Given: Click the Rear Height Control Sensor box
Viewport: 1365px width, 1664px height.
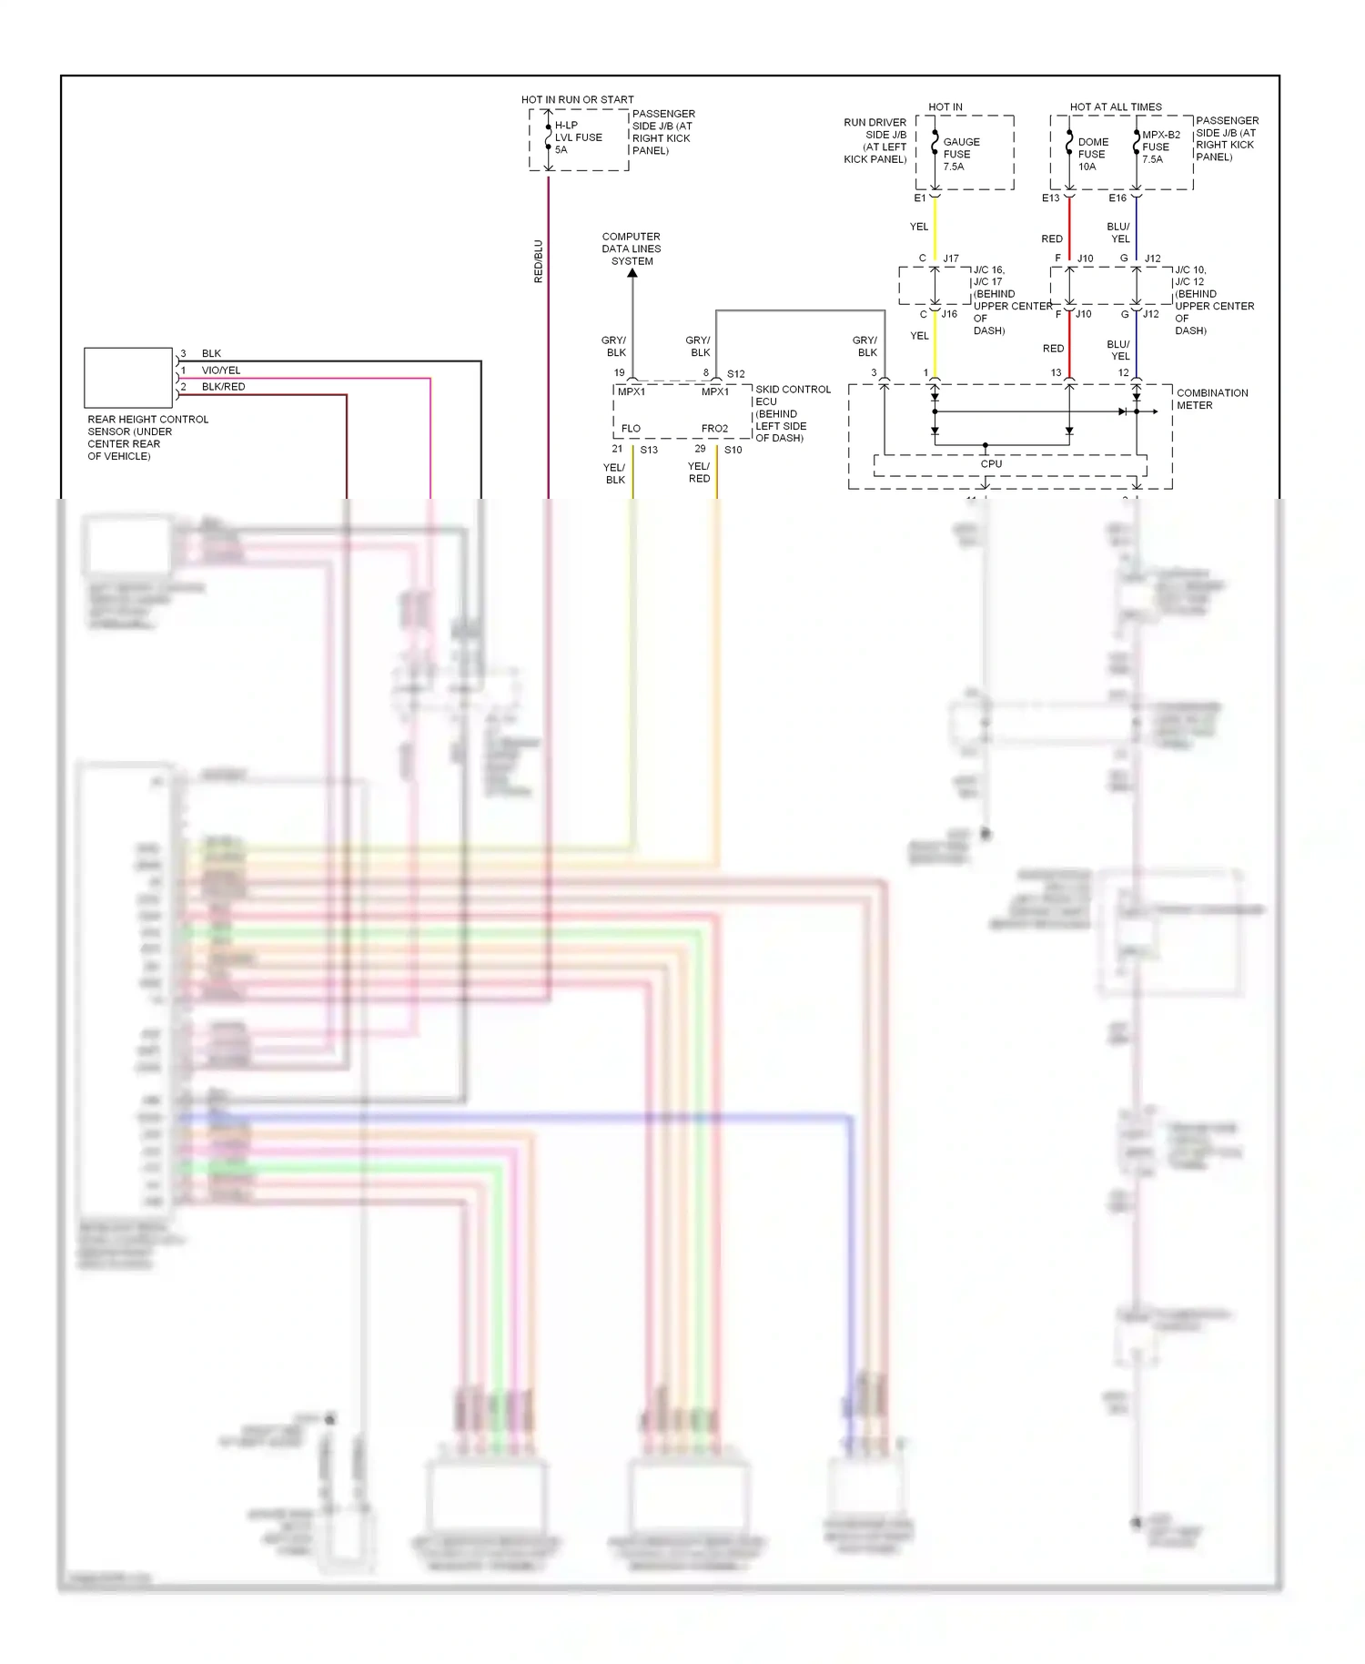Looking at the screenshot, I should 128,377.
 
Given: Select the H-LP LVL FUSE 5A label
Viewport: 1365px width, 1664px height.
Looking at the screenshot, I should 578,137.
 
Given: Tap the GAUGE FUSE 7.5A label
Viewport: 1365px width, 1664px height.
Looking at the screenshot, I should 961,154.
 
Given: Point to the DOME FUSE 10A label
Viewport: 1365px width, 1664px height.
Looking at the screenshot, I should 1092,154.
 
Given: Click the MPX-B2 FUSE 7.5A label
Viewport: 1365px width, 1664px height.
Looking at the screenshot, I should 1159,147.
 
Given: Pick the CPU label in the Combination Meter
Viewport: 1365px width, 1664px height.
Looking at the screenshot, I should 991,464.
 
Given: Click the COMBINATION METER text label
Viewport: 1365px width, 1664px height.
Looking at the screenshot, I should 1211,399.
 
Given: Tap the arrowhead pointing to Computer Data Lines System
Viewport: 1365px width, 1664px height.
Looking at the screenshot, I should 632,273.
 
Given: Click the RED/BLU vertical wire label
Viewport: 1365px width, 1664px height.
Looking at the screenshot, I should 538,261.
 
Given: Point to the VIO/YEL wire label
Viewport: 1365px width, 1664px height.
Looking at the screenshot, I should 221,370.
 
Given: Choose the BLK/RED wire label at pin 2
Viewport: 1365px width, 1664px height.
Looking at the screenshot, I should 223,387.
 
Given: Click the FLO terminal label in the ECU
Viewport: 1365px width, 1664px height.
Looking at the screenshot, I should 631,429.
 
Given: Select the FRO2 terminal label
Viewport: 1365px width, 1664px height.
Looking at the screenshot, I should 714,429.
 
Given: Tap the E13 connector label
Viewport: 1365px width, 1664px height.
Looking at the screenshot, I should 1050,198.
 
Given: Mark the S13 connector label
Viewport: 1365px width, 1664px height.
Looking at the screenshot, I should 649,450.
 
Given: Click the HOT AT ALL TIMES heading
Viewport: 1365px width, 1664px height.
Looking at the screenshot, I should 1116,107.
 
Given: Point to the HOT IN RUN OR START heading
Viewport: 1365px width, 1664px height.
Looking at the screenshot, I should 577,99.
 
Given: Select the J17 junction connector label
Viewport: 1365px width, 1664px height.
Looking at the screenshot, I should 951,259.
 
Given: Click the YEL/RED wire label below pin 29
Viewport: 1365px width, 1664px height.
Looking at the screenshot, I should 699,472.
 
